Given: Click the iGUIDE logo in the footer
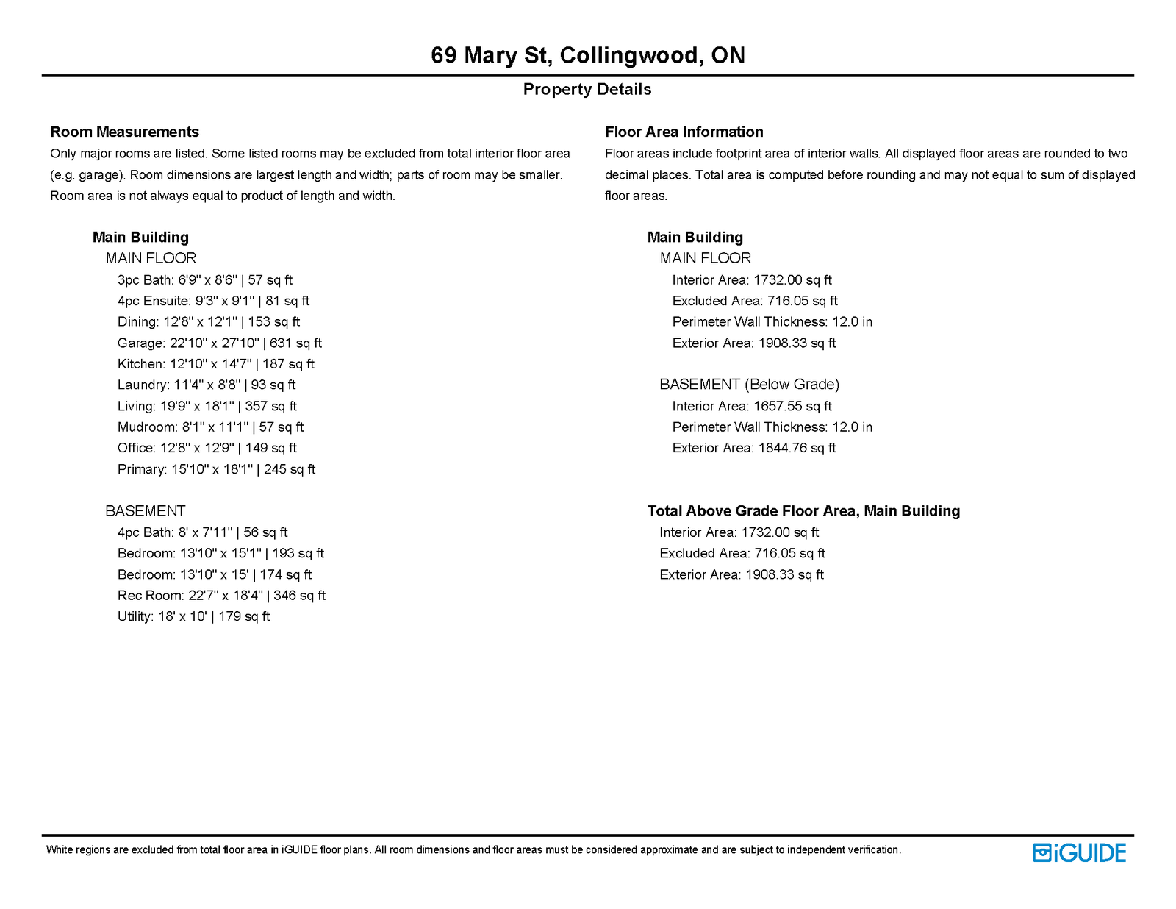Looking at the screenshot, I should pos(1079,852).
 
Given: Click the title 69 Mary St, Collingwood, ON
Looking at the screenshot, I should pos(587,55).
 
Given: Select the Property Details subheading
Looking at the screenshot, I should pos(587,89).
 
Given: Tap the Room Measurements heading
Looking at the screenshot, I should pos(124,132).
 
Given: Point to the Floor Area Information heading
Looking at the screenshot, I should pos(684,132).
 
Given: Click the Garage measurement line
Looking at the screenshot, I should pos(219,343).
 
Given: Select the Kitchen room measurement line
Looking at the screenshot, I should pos(215,364).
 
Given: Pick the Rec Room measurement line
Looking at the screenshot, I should pos(221,595).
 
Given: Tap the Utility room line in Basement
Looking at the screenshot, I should pos(193,616).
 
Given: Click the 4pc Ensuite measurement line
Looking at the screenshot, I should pos(213,301).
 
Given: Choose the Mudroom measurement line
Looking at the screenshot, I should pos(210,427).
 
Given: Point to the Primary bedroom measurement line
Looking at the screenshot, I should pos(216,469).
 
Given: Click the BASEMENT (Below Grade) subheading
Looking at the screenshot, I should pos(749,384).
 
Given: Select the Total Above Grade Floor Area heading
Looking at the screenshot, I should pos(803,510).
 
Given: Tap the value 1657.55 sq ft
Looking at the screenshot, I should pos(792,406).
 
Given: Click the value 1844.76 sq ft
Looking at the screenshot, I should pos(797,448).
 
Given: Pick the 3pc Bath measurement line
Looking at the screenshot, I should pos(204,279).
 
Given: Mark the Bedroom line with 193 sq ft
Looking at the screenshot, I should pos(220,553).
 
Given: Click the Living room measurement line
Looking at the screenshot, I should pos(207,406).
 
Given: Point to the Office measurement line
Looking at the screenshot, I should pos(207,448).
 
